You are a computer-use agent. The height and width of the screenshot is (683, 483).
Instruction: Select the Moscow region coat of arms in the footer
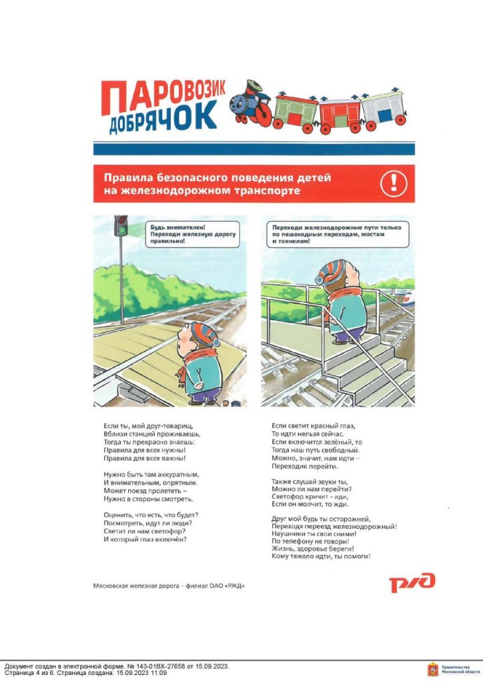coord(432,669)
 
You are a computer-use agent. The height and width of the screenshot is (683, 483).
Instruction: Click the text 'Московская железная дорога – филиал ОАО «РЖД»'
coord(169,586)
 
